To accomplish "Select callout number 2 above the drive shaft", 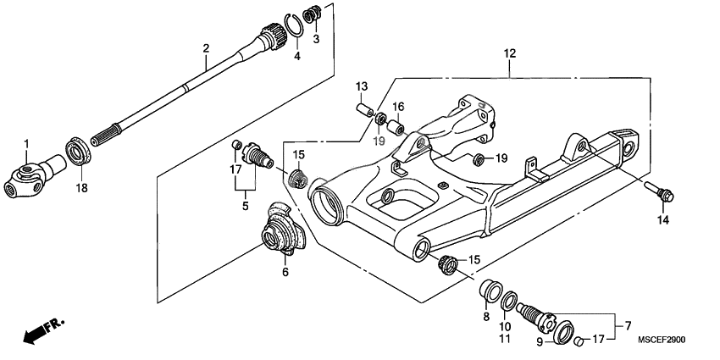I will tap(206, 48).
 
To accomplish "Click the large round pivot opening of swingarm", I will tap(326, 207).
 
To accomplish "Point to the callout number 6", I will tap(285, 272).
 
